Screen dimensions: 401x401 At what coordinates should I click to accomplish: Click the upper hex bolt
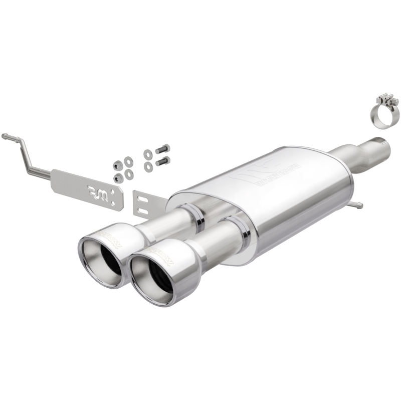tap(162, 149)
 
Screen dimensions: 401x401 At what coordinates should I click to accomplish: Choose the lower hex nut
tap(118, 177)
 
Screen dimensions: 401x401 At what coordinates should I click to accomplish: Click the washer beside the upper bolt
tap(148, 154)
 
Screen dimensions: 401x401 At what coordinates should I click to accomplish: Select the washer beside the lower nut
tap(129, 174)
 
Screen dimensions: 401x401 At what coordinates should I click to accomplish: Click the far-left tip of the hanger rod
tap(4, 136)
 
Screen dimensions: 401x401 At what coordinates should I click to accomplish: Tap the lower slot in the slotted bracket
tap(142, 210)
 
